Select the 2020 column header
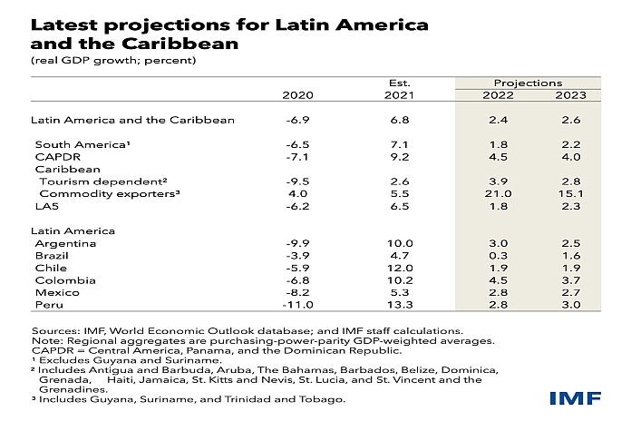click(x=297, y=95)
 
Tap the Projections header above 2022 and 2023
click(x=528, y=83)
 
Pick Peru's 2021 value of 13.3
click(x=401, y=308)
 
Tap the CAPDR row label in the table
click(x=53, y=157)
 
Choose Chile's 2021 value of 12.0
click(x=401, y=269)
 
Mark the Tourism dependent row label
click(x=89, y=181)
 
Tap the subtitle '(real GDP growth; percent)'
click(x=112, y=62)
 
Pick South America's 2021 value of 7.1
click(x=401, y=144)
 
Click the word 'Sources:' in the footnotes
click(x=53, y=330)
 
